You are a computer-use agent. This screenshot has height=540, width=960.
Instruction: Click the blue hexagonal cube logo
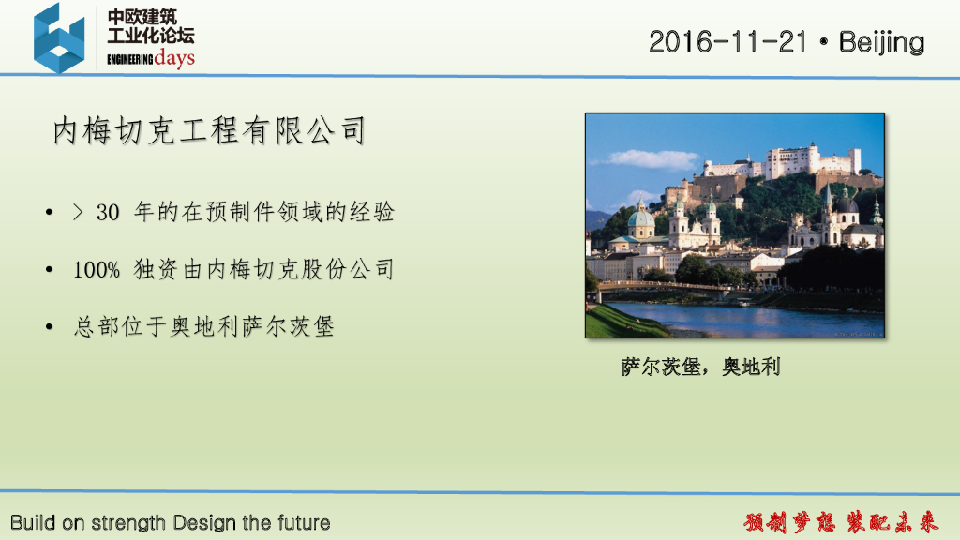point(59,37)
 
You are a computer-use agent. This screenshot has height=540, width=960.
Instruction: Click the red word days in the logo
point(174,58)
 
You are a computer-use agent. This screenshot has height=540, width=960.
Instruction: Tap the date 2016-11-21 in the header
point(727,41)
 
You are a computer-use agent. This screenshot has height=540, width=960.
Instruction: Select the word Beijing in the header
point(881,42)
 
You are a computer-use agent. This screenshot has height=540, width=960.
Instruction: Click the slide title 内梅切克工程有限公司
point(209,130)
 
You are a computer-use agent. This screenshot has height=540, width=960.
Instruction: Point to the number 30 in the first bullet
point(108,213)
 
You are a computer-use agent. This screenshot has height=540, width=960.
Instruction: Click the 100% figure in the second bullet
point(97,269)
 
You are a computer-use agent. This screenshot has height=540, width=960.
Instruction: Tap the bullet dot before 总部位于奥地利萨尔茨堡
point(49,327)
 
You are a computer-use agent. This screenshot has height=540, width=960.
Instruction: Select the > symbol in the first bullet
point(78,212)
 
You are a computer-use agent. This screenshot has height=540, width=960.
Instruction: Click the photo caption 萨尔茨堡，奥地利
point(700,367)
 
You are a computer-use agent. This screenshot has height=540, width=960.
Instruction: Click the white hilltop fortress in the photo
point(789,161)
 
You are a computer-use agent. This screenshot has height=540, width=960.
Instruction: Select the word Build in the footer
point(33,522)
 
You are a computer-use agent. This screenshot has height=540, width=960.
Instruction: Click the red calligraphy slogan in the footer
point(841,522)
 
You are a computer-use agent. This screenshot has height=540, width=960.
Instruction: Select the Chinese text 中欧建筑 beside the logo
point(142,17)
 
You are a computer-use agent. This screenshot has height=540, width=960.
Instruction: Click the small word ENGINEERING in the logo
point(129,59)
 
